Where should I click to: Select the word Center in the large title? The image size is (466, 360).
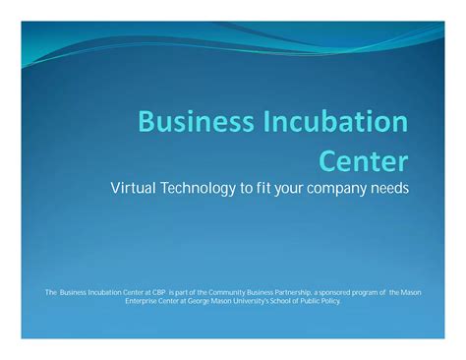click(364, 159)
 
